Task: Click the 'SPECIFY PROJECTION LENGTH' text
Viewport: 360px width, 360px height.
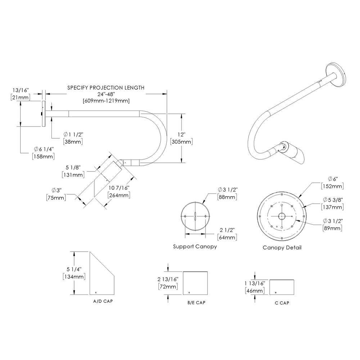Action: [x=106, y=87]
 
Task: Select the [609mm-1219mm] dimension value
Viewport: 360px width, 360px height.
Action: [x=106, y=100]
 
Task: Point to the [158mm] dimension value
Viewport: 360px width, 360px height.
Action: [x=43, y=156]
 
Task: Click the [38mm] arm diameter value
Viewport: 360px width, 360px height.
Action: [x=73, y=141]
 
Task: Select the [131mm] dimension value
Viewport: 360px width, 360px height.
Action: [x=73, y=175]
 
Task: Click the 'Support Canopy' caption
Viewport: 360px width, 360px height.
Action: [x=195, y=247]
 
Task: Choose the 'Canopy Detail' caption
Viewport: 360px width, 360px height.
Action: [x=282, y=248]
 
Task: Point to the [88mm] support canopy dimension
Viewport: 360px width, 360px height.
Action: [x=228, y=197]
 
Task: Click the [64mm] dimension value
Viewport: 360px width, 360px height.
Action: [x=228, y=237]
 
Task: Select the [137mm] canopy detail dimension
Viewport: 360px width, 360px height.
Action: [x=332, y=207]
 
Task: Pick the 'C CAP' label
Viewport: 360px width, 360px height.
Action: [x=282, y=303]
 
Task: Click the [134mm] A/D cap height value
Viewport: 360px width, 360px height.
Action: [x=73, y=276]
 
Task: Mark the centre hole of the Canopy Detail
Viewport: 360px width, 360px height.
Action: [x=282, y=216]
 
